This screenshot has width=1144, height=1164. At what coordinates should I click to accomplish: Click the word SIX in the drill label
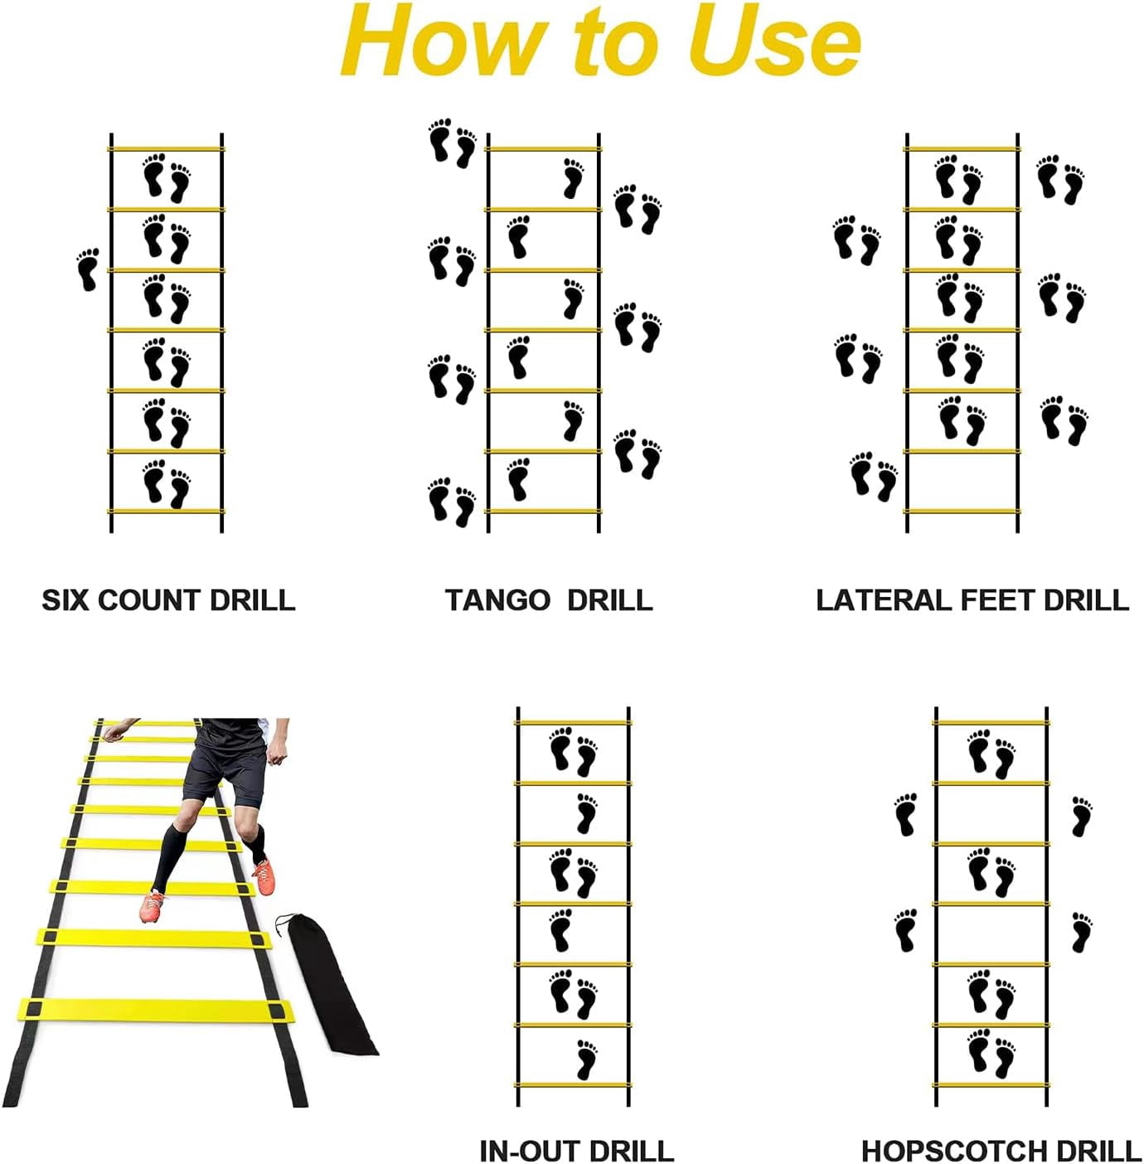tap(65, 599)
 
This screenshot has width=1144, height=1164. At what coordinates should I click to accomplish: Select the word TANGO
tap(497, 599)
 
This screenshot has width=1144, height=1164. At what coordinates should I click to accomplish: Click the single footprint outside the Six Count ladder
tap(88, 269)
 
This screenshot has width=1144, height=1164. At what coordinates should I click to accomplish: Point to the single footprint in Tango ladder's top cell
tap(574, 178)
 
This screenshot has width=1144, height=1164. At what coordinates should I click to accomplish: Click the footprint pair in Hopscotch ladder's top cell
tap(991, 754)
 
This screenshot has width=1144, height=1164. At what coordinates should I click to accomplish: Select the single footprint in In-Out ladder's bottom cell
tap(587, 1059)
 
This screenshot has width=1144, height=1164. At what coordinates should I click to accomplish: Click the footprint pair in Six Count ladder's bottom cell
tap(167, 484)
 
